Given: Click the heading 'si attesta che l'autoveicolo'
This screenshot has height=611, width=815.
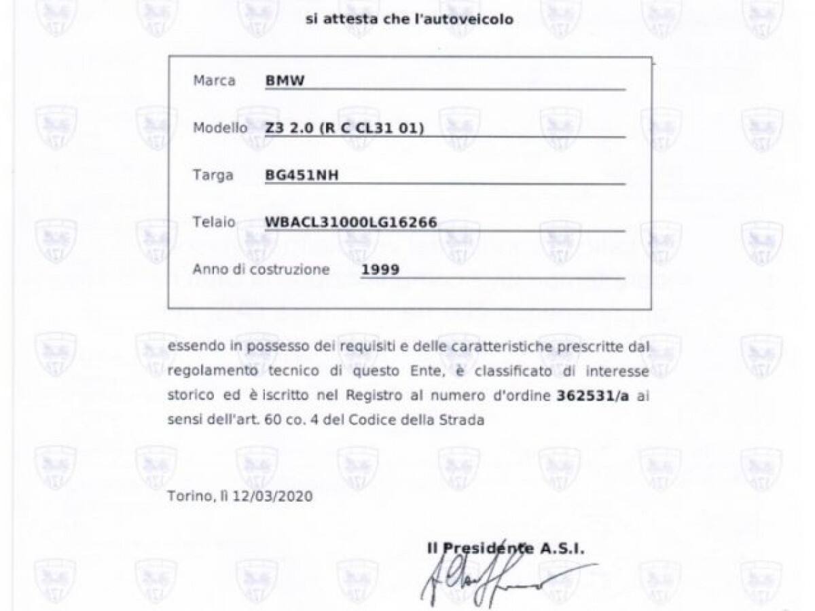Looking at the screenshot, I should click(409, 20).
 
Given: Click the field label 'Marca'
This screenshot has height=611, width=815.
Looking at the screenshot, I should click(214, 81).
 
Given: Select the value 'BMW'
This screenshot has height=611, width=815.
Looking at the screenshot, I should click(285, 81).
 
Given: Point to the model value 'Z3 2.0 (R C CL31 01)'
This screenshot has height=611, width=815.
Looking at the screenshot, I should click(345, 128).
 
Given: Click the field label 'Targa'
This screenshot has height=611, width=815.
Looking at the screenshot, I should click(213, 175).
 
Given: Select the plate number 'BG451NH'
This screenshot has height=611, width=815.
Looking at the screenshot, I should click(302, 175).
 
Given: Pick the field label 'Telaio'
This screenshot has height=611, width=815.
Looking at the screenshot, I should click(214, 222).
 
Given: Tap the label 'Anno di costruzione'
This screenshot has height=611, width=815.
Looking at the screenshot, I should click(261, 270).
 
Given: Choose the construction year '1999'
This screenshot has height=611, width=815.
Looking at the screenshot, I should click(380, 270).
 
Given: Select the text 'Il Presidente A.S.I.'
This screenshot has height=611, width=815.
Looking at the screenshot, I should click(506, 549).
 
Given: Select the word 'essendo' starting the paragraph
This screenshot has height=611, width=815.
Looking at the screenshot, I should click(192, 347).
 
